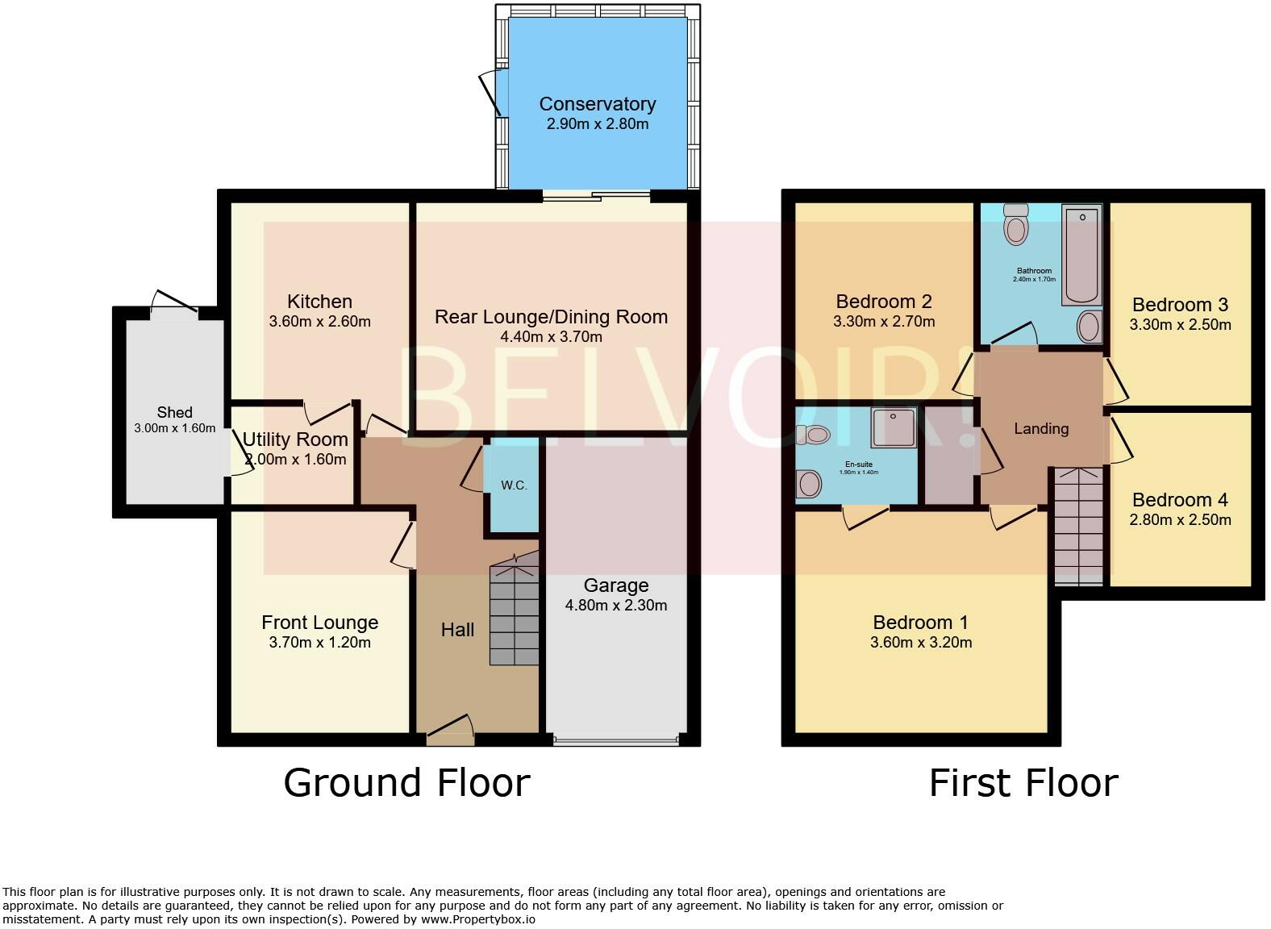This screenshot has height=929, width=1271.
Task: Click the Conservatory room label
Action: (x=597, y=104)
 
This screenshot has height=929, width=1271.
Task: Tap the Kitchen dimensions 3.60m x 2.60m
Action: (x=319, y=322)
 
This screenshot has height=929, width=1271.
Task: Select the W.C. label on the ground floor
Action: (x=514, y=485)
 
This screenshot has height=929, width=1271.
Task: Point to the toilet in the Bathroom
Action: (x=1016, y=224)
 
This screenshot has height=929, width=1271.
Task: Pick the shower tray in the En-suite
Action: (x=894, y=428)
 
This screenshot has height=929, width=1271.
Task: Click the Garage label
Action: (x=616, y=585)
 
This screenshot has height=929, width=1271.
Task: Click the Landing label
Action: (x=1041, y=429)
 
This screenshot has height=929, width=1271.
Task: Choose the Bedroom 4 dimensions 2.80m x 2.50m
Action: (x=1180, y=520)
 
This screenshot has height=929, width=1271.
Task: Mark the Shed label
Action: (x=174, y=412)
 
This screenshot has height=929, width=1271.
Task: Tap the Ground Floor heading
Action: (x=406, y=783)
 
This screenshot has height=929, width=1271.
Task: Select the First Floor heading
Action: (x=1023, y=783)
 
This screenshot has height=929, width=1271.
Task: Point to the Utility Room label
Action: (x=295, y=440)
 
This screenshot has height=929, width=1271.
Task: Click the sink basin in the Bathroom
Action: (x=1089, y=327)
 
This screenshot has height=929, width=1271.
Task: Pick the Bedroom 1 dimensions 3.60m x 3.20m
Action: (x=920, y=643)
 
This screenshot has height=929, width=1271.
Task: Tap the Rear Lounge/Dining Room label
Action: (x=551, y=317)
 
